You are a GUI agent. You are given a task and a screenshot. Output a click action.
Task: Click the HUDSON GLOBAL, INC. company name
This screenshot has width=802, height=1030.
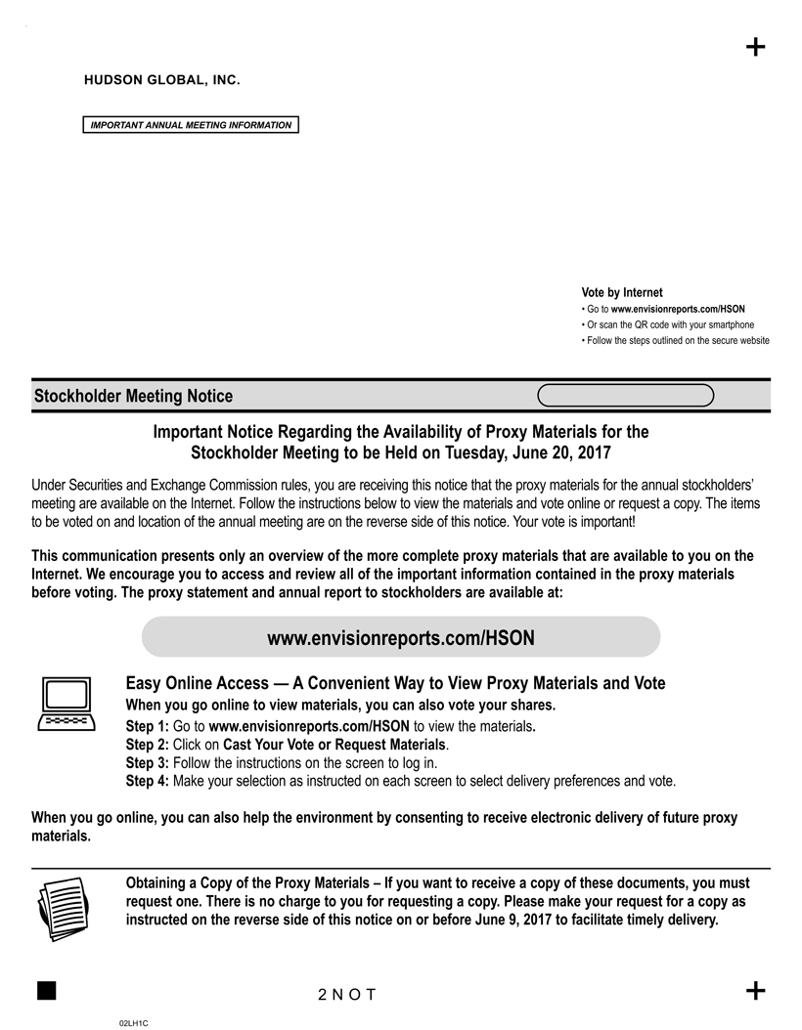tap(162, 79)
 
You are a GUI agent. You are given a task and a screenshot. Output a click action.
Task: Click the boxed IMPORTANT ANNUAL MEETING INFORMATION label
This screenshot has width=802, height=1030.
tap(190, 125)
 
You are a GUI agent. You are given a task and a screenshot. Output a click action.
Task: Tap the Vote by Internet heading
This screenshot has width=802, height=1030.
tap(622, 292)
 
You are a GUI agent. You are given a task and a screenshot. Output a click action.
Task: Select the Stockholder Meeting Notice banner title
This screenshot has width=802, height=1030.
tap(134, 396)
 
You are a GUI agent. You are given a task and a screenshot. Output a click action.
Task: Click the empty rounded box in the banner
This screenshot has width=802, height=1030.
tap(626, 395)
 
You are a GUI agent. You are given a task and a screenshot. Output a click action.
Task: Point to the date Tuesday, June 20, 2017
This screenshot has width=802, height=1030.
tap(528, 452)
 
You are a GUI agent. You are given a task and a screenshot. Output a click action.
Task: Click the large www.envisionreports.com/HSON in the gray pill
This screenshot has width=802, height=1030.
tap(401, 638)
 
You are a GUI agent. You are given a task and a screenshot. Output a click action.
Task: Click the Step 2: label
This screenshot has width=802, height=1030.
tap(148, 744)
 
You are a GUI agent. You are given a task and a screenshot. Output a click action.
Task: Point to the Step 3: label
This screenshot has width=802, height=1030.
tap(148, 762)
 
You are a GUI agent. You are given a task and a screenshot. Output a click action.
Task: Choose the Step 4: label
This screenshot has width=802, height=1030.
tap(148, 781)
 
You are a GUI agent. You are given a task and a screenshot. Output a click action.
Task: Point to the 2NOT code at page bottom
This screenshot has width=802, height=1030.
tap(347, 995)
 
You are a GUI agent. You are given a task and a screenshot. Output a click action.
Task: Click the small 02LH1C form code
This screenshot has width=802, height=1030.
tap(133, 1022)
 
